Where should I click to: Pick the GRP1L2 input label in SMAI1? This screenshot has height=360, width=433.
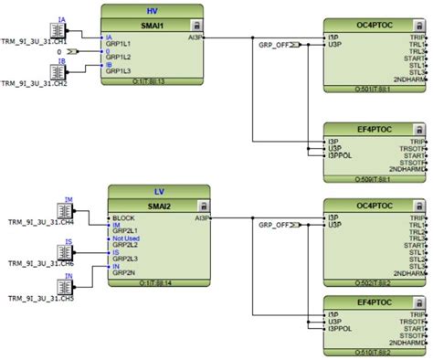coord(121,58)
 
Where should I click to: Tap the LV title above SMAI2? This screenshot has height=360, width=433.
coord(159,192)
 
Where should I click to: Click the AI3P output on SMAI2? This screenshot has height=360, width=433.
coord(199,219)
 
